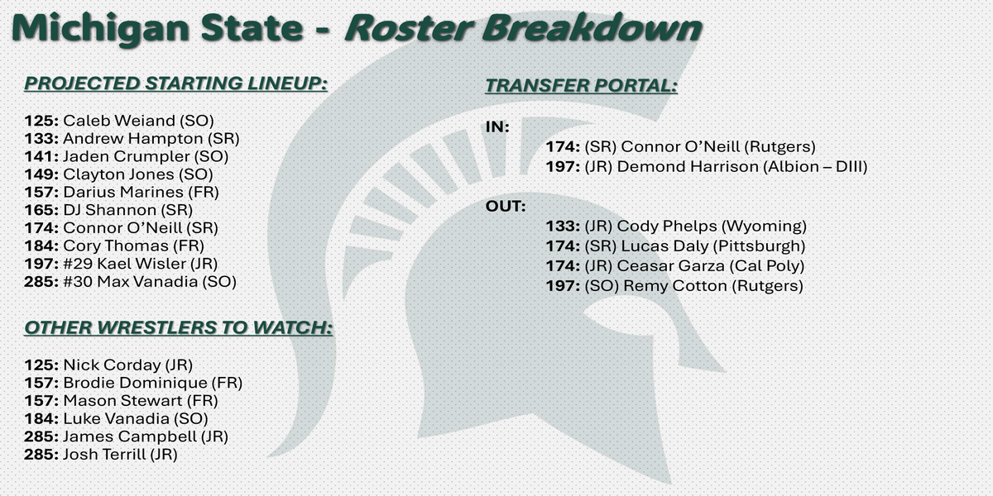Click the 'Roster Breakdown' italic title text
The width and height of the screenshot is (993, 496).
[x=523, y=27]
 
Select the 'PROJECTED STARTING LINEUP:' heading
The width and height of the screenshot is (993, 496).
[x=176, y=83]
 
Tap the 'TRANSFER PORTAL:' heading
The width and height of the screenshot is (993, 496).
[x=582, y=85]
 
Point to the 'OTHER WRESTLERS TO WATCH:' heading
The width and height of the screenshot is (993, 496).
[x=178, y=327]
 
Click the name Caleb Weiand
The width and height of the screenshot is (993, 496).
[x=119, y=121]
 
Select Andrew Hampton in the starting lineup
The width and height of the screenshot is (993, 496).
[x=133, y=139]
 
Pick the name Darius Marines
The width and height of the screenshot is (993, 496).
[x=123, y=192]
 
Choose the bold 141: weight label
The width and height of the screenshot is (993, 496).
[x=41, y=156]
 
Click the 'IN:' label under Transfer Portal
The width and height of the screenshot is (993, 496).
[x=497, y=127]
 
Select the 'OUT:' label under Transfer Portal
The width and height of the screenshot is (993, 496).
[x=506, y=207]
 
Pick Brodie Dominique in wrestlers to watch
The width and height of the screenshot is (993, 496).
[x=135, y=383]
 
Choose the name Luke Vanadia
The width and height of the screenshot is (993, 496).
[x=116, y=419]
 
